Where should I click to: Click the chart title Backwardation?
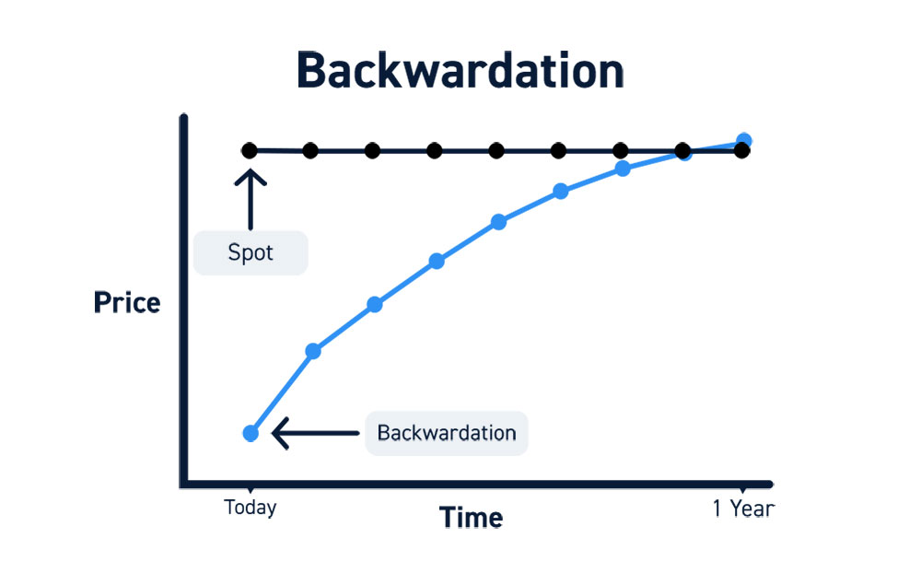pos(460,71)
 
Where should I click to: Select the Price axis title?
pos(127,303)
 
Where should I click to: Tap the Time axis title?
pos(471,518)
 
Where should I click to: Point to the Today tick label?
pos(251,508)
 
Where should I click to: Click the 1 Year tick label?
pos(743,509)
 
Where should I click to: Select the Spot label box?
pos(251,252)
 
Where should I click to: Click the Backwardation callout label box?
pos(447,433)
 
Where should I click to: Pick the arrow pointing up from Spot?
pos(251,200)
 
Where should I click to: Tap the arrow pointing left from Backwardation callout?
pos(315,433)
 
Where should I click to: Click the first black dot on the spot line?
pos(249,150)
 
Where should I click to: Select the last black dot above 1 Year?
pos(741,151)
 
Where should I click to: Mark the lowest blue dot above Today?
pos(251,434)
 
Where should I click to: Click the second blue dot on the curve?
pos(313,351)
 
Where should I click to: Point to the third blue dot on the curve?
pos(375,304)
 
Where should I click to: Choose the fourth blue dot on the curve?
pos(437,262)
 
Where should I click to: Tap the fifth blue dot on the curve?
pos(498,222)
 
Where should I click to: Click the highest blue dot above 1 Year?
pos(743,140)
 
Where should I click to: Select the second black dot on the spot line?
pos(310,151)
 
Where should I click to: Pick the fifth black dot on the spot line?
pos(496,151)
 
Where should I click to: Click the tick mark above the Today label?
pos(251,489)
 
